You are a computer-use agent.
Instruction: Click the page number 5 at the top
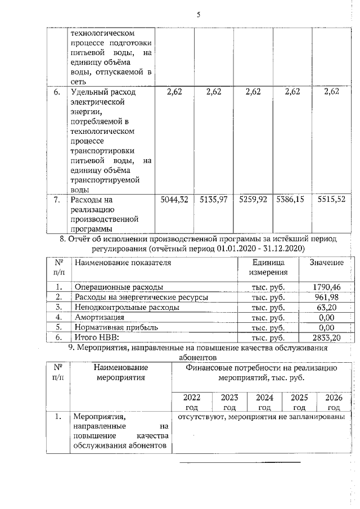198,15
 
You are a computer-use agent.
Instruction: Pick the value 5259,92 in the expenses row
253,199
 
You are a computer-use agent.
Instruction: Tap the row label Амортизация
97,317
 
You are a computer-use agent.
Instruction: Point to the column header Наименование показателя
123,263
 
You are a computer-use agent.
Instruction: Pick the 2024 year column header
264,402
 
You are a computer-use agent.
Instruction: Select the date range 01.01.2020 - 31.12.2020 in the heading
256,248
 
